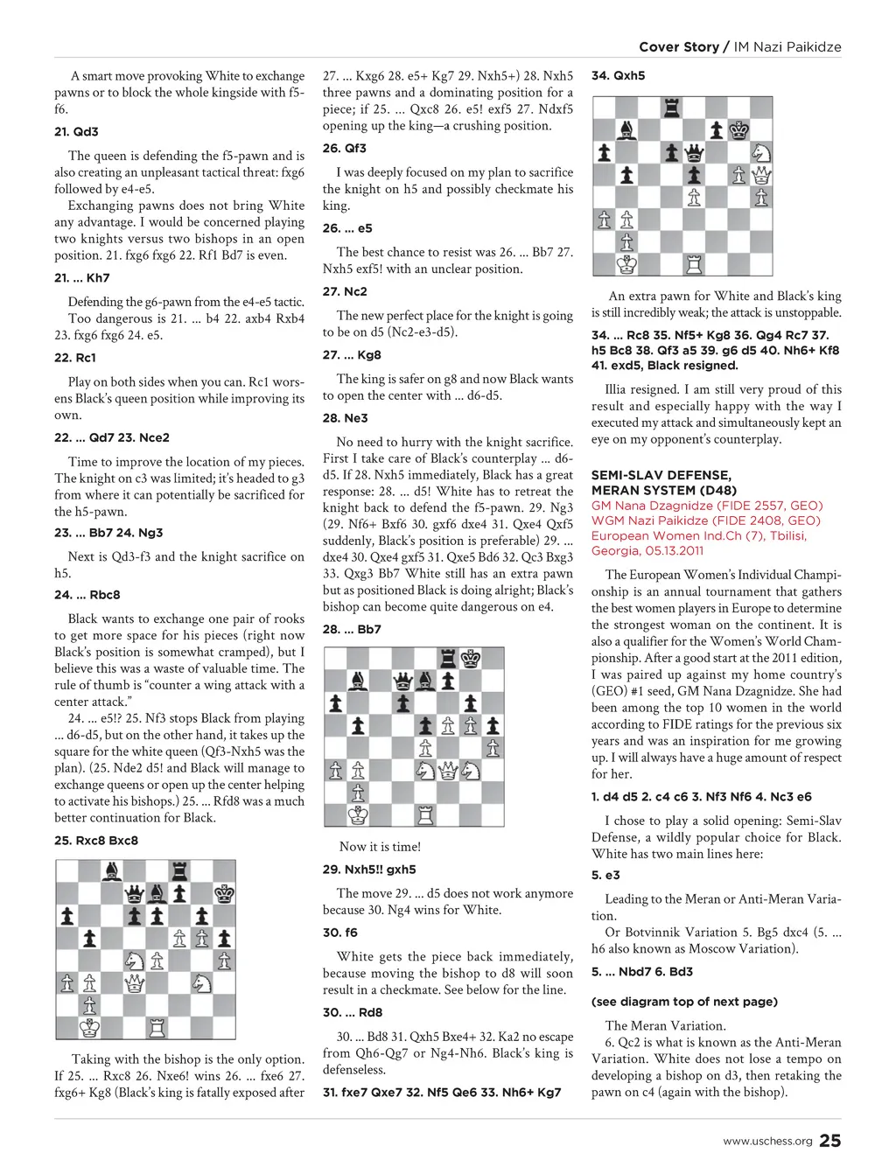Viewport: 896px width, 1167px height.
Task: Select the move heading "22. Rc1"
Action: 75,358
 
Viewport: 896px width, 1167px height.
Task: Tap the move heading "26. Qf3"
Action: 344,149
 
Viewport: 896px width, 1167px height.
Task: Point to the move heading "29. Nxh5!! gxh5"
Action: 369,870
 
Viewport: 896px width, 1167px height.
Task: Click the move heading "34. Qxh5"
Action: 618,76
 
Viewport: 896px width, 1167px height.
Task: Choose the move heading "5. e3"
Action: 605,875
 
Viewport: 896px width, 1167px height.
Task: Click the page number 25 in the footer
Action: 830,1140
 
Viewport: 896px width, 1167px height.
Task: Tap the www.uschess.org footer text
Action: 767,1141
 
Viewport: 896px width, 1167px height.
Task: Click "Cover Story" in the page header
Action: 678,47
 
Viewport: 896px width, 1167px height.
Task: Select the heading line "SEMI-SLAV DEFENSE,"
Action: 661,475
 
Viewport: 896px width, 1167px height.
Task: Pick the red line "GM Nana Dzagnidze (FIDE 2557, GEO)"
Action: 707,506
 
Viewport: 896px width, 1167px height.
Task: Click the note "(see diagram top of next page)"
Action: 684,1002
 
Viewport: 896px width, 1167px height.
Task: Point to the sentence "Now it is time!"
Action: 380,846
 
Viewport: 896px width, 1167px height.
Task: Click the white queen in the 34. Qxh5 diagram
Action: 761,176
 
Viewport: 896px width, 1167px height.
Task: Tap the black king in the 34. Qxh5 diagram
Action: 739,130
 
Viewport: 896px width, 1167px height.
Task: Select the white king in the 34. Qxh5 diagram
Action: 626,263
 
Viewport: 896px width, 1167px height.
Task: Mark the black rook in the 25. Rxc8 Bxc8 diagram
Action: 179,871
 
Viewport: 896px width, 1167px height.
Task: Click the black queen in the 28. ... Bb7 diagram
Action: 402,681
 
